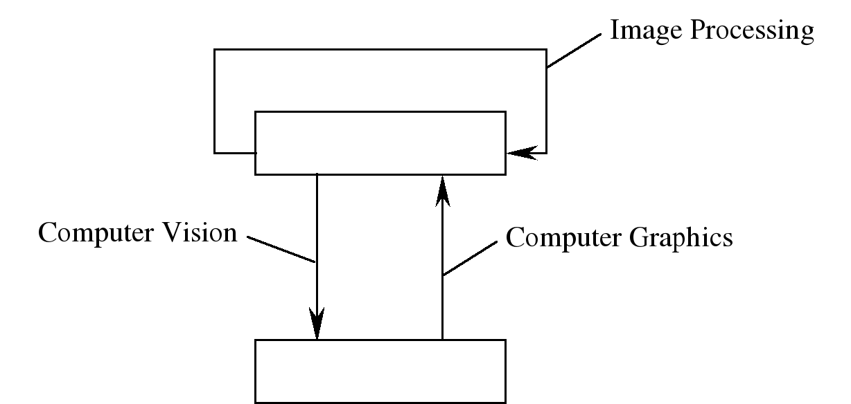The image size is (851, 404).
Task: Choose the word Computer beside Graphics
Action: (x=565, y=237)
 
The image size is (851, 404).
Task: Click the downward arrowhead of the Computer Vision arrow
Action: (x=317, y=324)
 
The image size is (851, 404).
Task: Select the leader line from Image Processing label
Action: (x=574, y=52)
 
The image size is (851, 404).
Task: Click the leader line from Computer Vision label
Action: (x=281, y=251)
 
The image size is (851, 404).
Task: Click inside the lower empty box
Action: (x=380, y=371)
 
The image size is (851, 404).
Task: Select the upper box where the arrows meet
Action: (x=380, y=143)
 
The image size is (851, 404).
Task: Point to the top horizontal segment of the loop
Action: (x=380, y=49)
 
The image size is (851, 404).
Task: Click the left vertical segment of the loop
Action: (x=215, y=100)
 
